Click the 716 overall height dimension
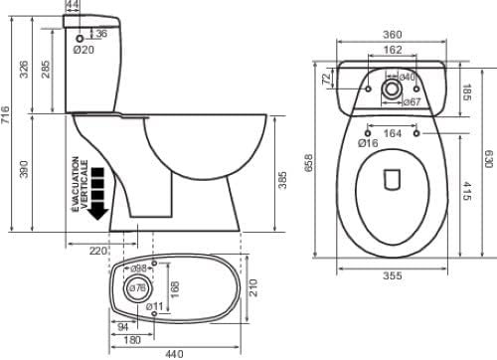tap(6, 115)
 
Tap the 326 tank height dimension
tap(24, 70)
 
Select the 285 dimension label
tap(46, 70)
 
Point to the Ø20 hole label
tap(83, 50)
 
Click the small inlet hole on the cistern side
tap(80, 39)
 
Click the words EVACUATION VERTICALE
tap(80, 184)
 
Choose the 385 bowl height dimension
tap(282, 180)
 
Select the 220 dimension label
tap(98, 251)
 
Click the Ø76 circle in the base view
tap(137, 288)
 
